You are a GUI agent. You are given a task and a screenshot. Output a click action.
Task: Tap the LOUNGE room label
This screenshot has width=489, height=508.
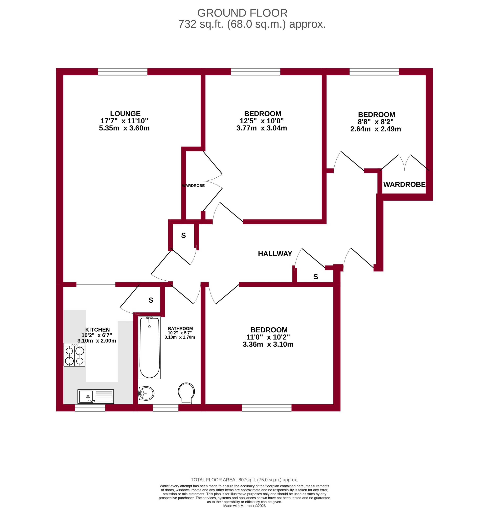click(125, 113)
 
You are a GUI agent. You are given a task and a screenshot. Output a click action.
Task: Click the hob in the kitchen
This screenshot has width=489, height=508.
click(74, 355)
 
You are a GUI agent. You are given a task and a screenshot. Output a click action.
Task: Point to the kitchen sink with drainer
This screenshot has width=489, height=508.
click(96, 397)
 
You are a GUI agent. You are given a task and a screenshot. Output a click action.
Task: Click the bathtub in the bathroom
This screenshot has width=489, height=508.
click(149, 347)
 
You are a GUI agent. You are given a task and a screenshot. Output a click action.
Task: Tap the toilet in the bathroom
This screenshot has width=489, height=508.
click(186, 393)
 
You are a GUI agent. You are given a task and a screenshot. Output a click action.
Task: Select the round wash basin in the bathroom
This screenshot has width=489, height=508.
click(146, 393)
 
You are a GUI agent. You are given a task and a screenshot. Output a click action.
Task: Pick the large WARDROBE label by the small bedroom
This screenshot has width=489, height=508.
click(404, 184)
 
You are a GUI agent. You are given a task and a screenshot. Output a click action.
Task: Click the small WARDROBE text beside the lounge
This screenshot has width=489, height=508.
click(193, 186)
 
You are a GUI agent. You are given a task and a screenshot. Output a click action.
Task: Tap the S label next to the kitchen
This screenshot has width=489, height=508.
click(151, 300)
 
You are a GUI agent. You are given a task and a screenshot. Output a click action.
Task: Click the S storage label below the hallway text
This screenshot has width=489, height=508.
click(315, 277)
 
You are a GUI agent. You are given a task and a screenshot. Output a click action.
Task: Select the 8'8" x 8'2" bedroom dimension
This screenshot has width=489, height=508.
click(375, 122)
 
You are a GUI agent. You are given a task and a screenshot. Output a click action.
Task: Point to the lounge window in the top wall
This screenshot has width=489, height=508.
click(123, 72)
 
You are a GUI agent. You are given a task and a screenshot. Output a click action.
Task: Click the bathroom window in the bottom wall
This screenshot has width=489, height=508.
click(165, 408)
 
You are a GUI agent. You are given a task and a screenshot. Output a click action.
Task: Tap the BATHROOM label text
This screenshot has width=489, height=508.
click(180, 328)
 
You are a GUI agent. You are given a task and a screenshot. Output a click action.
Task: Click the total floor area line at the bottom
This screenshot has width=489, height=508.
click(244, 480)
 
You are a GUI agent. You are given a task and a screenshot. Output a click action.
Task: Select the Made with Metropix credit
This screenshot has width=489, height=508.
click(244, 506)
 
